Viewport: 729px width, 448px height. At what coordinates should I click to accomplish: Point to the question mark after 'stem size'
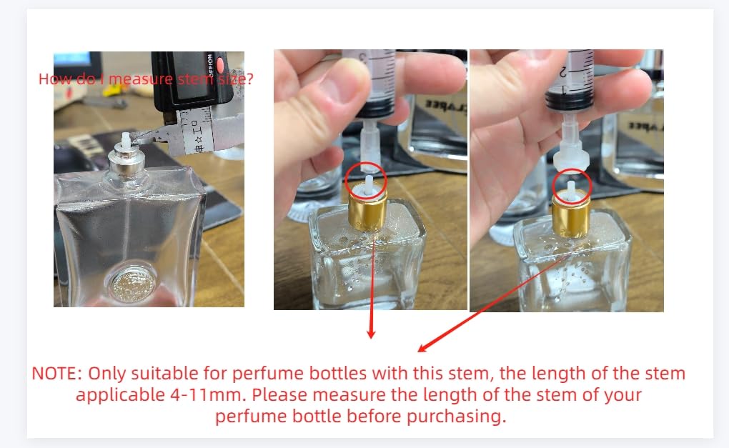(249, 79)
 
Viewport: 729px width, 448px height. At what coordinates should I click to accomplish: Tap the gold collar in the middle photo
(367, 213)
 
